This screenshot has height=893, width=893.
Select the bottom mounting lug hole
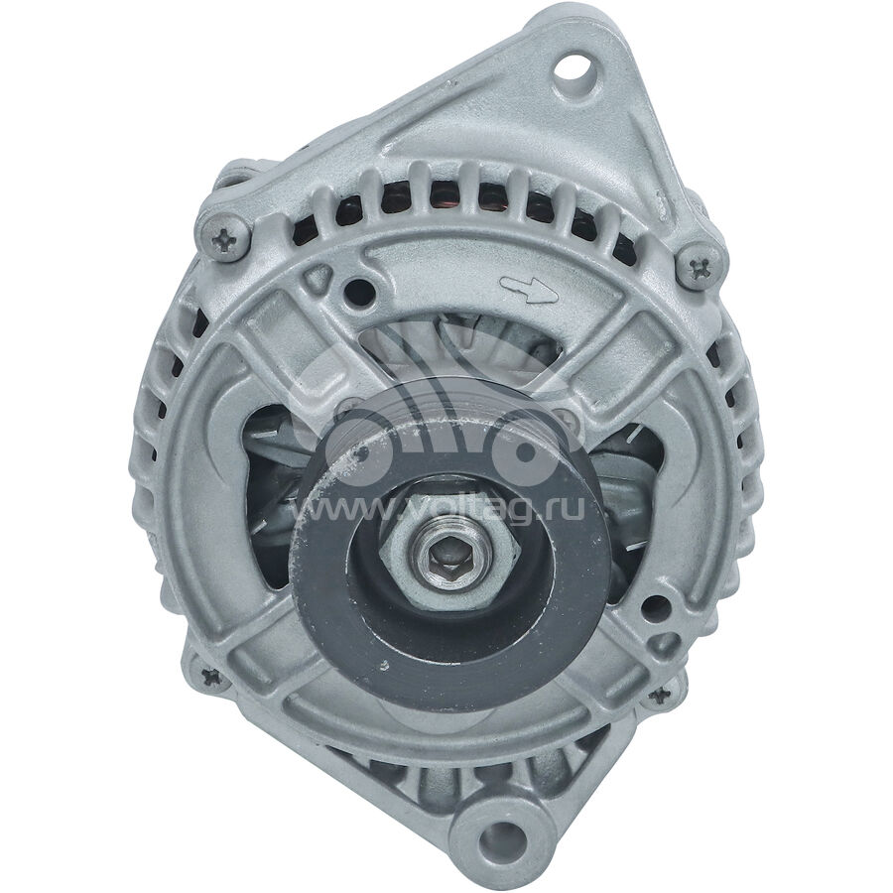pyautogui.click(x=500, y=838)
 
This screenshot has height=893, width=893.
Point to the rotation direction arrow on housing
pyautogui.click(x=529, y=290)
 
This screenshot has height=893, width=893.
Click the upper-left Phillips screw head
pyautogui.click(x=224, y=235)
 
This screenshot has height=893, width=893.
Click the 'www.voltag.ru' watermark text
pyautogui.click(x=438, y=508)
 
